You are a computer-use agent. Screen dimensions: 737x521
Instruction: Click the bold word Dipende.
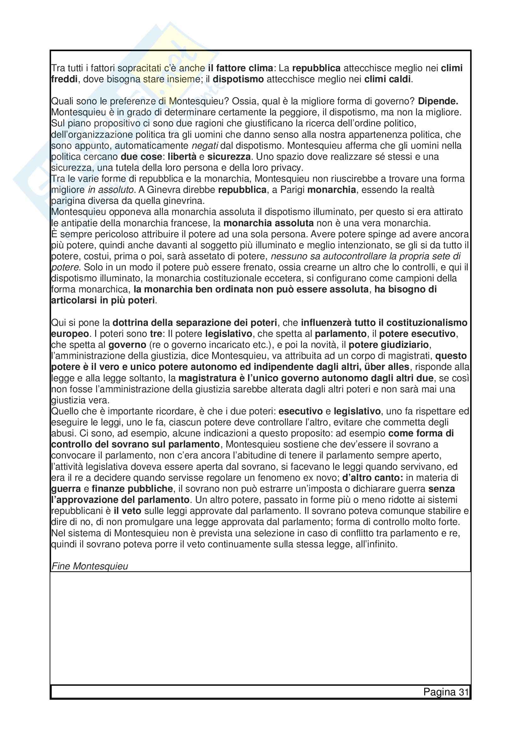tap(438, 101)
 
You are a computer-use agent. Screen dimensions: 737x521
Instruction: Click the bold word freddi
tap(64, 79)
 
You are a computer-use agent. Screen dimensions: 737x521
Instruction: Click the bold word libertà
tap(182, 157)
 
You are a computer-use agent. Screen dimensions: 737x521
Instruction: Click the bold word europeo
tap(70, 334)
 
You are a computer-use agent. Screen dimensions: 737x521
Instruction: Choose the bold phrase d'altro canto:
tap(373, 478)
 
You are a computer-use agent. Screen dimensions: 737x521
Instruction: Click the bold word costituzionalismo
tap(427, 323)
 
